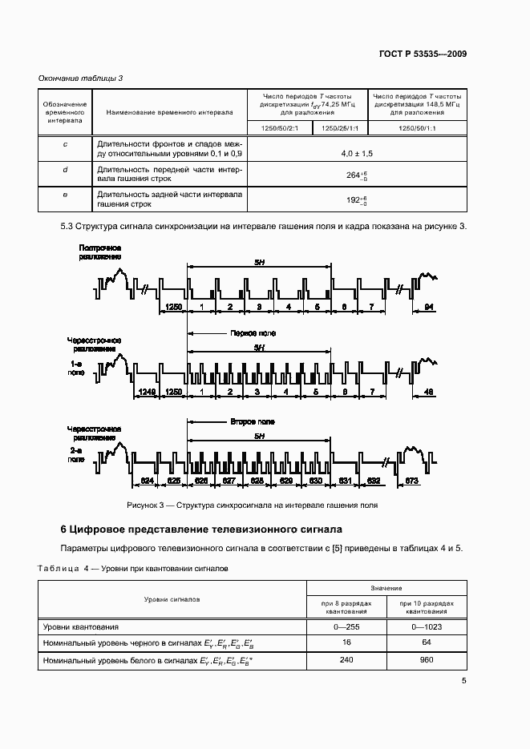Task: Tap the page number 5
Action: (464, 681)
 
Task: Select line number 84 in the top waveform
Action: (430, 307)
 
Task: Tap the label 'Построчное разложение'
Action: (100, 252)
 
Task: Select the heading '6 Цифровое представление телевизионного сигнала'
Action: (201, 530)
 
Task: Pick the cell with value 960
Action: (427, 660)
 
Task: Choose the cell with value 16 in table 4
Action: (346, 642)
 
